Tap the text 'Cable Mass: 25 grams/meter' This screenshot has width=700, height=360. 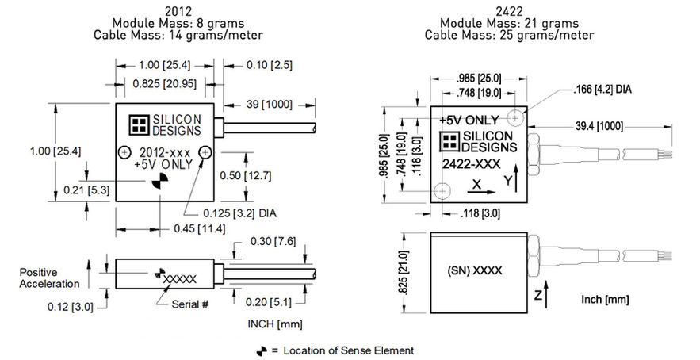pos(509,35)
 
